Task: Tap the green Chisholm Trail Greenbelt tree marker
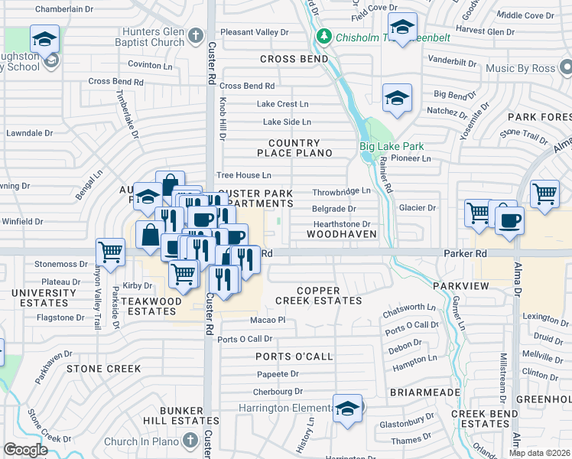[326, 36]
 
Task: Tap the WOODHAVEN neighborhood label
[338, 233]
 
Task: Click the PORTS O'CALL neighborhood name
[294, 357]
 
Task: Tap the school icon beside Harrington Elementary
[347, 409]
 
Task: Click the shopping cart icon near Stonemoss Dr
[111, 251]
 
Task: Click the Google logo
[25, 449]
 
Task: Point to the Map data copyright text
[539, 452]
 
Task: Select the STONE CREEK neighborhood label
[104, 369]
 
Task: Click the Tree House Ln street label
[243, 176]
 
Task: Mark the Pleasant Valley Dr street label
[255, 32]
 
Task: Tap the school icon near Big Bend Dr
[397, 97]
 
